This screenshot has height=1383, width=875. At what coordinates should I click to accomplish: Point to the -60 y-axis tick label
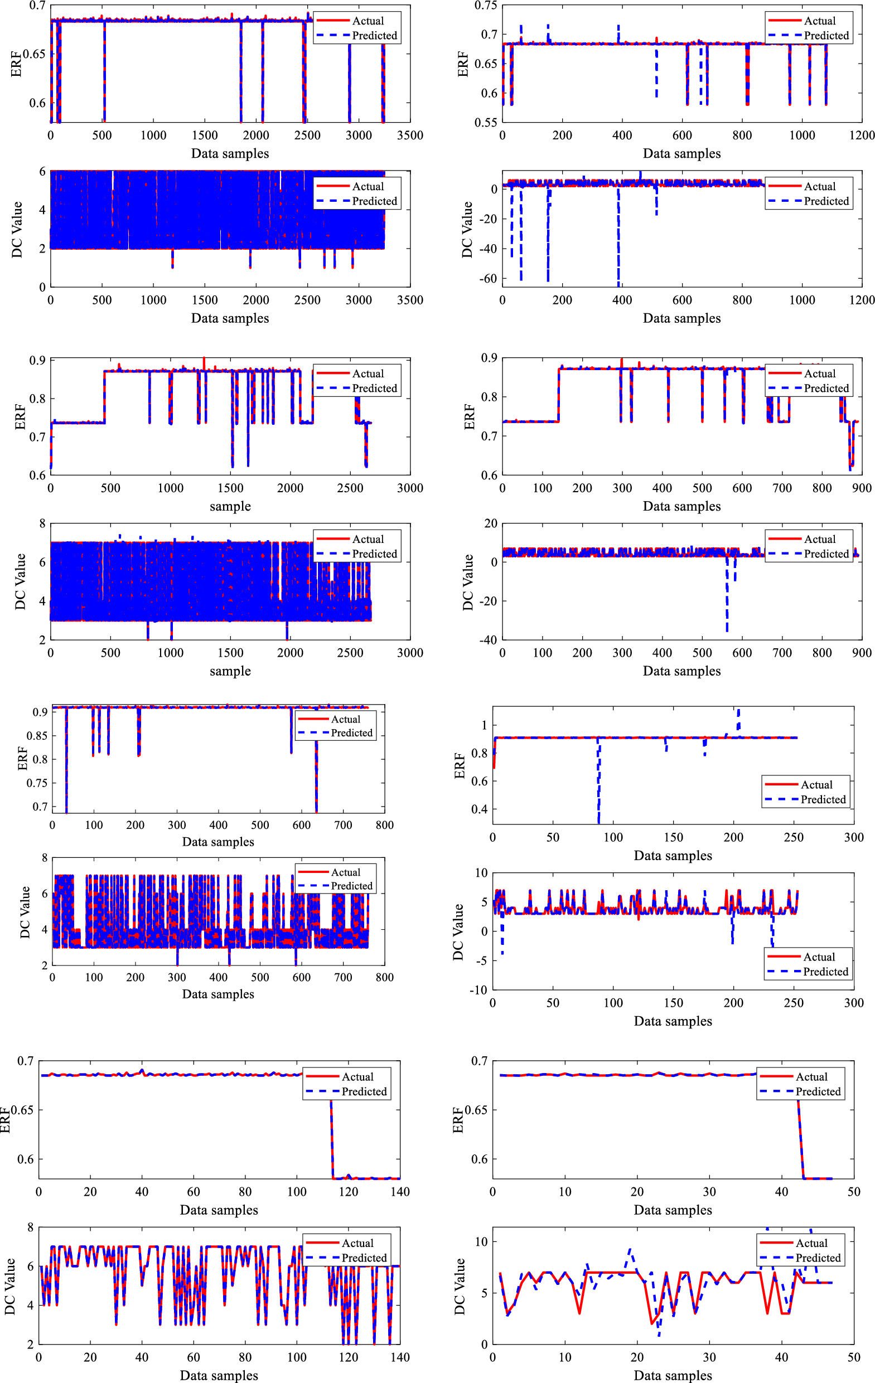[x=487, y=279]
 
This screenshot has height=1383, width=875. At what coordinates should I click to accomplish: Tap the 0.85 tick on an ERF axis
[x=37, y=736]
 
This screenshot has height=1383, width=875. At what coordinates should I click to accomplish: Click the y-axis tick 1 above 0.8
[x=484, y=725]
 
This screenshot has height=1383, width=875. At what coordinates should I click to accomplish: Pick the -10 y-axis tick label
[x=478, y=989]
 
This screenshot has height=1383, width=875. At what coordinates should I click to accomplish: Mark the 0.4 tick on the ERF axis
[x=479, y=809]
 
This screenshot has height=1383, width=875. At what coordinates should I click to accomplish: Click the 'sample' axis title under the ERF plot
[x=230, y=507]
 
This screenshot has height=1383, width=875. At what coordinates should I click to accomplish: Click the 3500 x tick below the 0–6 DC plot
[x=410, y=300]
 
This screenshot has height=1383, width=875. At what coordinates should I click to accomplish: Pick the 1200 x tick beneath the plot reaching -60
[x=861, y=300]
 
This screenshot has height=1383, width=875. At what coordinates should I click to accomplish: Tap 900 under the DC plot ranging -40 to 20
[x=861, y=652]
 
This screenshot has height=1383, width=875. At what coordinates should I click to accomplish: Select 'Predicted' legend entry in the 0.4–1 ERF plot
[x=823, y=799]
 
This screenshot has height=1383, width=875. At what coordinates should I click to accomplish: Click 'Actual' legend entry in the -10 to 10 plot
[x=819, y=957]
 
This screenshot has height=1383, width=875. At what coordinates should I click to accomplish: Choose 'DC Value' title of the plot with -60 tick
[x=467, y=229]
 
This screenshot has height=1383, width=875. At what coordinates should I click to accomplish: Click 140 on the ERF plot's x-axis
[x=400, y=1192]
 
